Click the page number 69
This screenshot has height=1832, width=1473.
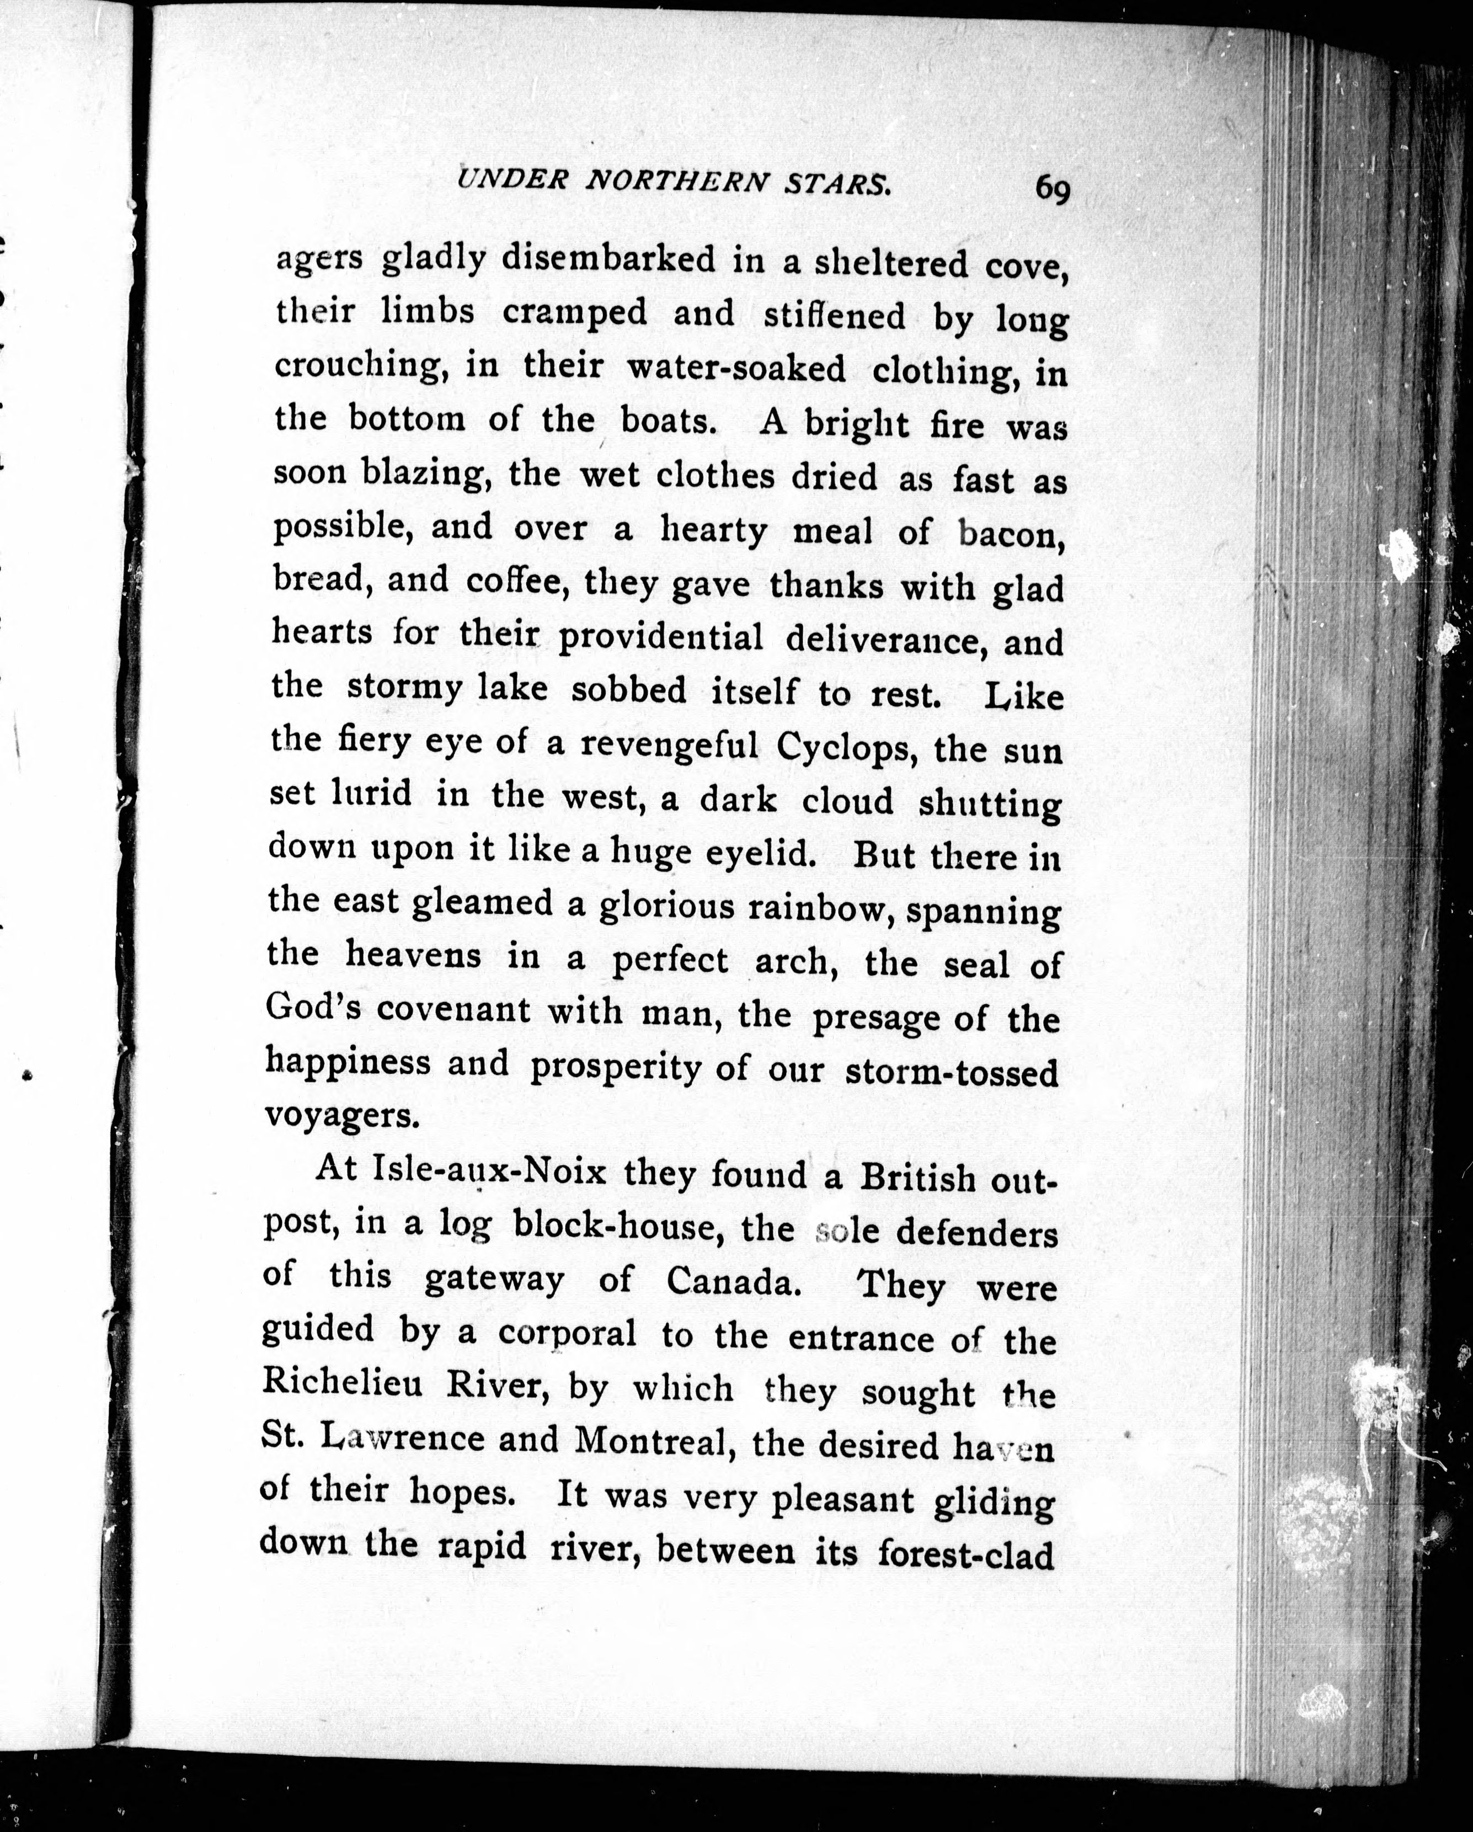pyautogui.click(x=1052, y=189)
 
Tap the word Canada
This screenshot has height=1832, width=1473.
pyautogui.click(x=733, y=1281)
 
